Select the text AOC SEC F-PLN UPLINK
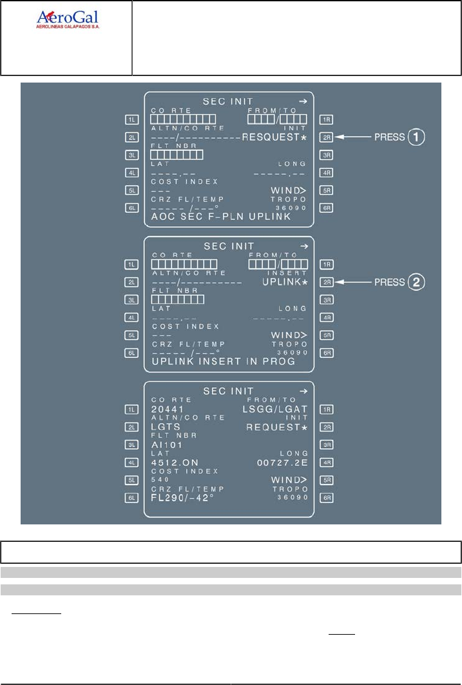(221, 217)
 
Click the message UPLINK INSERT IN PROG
(223, 362)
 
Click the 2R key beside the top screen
(327, 137)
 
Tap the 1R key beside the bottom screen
(327, 409)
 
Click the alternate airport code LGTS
(166, 427)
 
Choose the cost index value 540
(160, 480)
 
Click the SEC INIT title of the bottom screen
(228, 392)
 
